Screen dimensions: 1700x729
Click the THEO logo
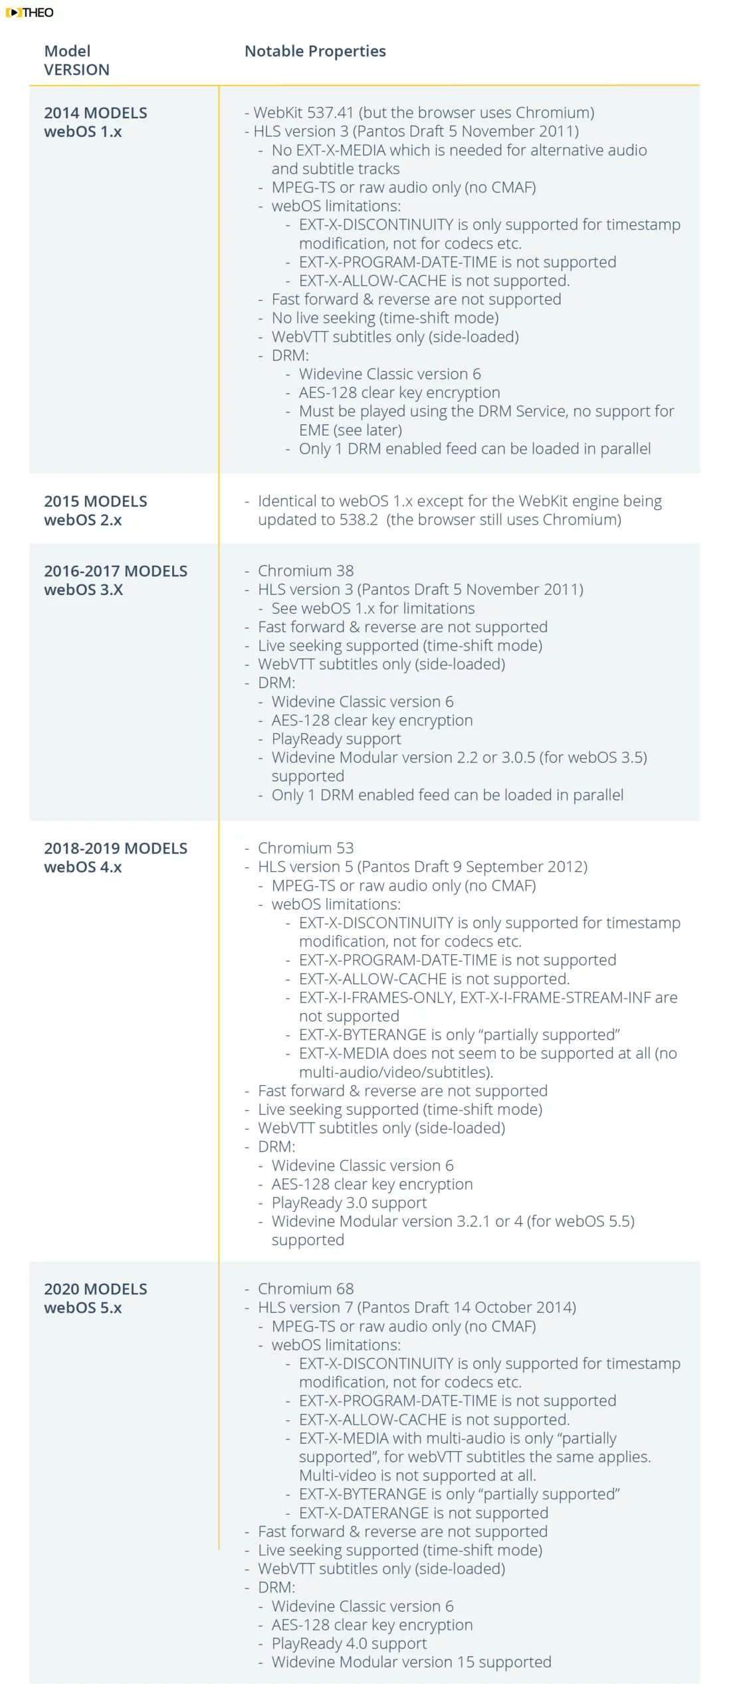click(29, 12)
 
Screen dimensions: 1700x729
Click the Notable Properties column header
click(315, 51)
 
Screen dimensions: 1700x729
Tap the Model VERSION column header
click(76, 60)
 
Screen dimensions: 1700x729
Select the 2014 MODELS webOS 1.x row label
click(95, 122)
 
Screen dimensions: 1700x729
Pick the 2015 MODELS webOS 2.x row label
click(95, 510)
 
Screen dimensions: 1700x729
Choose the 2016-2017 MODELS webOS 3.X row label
click(115, 580)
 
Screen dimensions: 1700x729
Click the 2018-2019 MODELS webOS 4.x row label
click(115, 857)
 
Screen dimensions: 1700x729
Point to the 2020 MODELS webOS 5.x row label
click(95, 1298)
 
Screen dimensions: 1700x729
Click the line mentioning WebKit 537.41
click(423, 113)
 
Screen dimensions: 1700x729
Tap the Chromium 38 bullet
click(305, 570)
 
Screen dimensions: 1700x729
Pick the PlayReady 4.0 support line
click(349, 1643)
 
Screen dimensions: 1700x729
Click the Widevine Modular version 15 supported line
click(411, 1661)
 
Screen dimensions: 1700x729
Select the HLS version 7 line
click(416, 1307)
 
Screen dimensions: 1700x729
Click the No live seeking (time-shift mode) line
click(385, 318)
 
